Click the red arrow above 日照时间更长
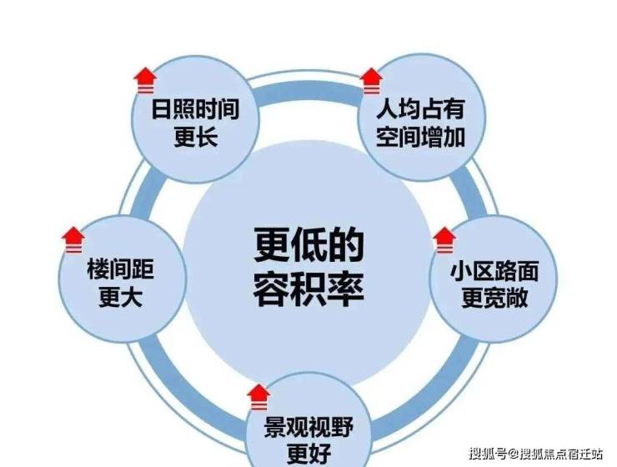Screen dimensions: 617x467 click(145, 80)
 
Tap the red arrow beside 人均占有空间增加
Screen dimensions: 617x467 click(372, 81)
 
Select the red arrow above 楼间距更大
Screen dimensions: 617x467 click(73, 240)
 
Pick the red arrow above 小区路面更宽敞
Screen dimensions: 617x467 click(444, 240)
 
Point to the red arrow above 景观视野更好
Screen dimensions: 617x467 click(258, 397)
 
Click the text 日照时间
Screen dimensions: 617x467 click(196, 109)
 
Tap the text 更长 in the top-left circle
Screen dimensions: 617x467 click(196, 137)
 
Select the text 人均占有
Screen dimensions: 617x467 click(421, 109)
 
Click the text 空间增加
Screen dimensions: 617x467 click(421, 137)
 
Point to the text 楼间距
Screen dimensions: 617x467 click(120, 269)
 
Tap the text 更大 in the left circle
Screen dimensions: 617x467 click(120, 297)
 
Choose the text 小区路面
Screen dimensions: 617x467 click(494, 271)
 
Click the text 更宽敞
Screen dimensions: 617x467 click(494, 299)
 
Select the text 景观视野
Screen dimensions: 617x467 click(308, 428)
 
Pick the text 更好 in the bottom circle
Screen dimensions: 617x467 click(308, 454)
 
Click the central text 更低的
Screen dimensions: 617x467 click(308, 244)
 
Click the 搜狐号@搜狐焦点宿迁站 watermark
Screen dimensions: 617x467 click(535, 453)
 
